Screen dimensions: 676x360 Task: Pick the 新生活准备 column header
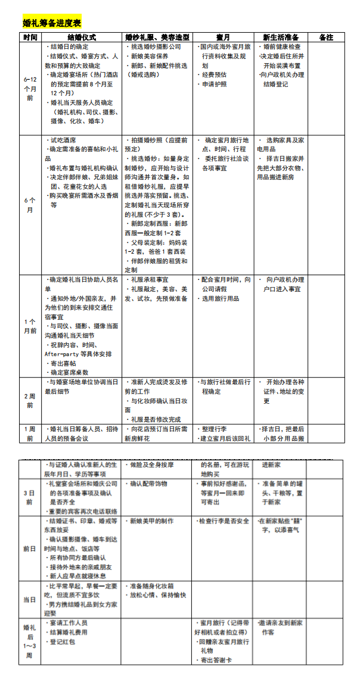(x=283, y=37)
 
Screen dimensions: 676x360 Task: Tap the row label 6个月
(x=30, y=205)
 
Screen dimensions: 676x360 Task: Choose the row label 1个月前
(x=30, y=326)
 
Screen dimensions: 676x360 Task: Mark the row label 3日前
(x=29, y=497)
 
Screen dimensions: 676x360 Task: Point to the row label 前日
(x=29, y=549)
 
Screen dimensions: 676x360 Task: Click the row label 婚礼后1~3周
(x=29, y=641)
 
